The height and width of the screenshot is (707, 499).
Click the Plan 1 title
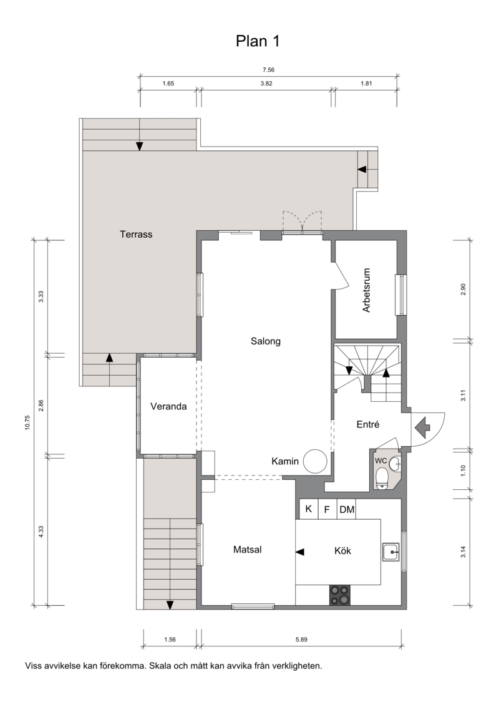coord(258,41)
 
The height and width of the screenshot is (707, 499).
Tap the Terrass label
coord(136,234)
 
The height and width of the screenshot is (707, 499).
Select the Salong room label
coord(266,341)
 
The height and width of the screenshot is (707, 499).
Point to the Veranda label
coord(168,406)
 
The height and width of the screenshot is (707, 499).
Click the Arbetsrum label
coord(366,291)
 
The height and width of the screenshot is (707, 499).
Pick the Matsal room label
coord(248,549)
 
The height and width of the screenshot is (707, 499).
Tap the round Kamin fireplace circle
coord(314,461)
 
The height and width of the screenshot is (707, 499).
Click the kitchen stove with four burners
coord(339,595)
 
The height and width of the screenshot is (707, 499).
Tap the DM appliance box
coord(347,510)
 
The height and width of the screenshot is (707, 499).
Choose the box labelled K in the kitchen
coord(309,509)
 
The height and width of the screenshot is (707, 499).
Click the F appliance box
coord(327,510)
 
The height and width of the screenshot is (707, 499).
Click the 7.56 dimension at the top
coord(269,70)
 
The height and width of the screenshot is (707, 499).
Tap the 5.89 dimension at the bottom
coord(301,640)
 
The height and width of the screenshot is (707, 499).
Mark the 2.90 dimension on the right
coord(462,290)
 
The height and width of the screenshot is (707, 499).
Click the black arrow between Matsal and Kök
coord(299,552)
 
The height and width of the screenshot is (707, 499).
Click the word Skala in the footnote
coord(159,666)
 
